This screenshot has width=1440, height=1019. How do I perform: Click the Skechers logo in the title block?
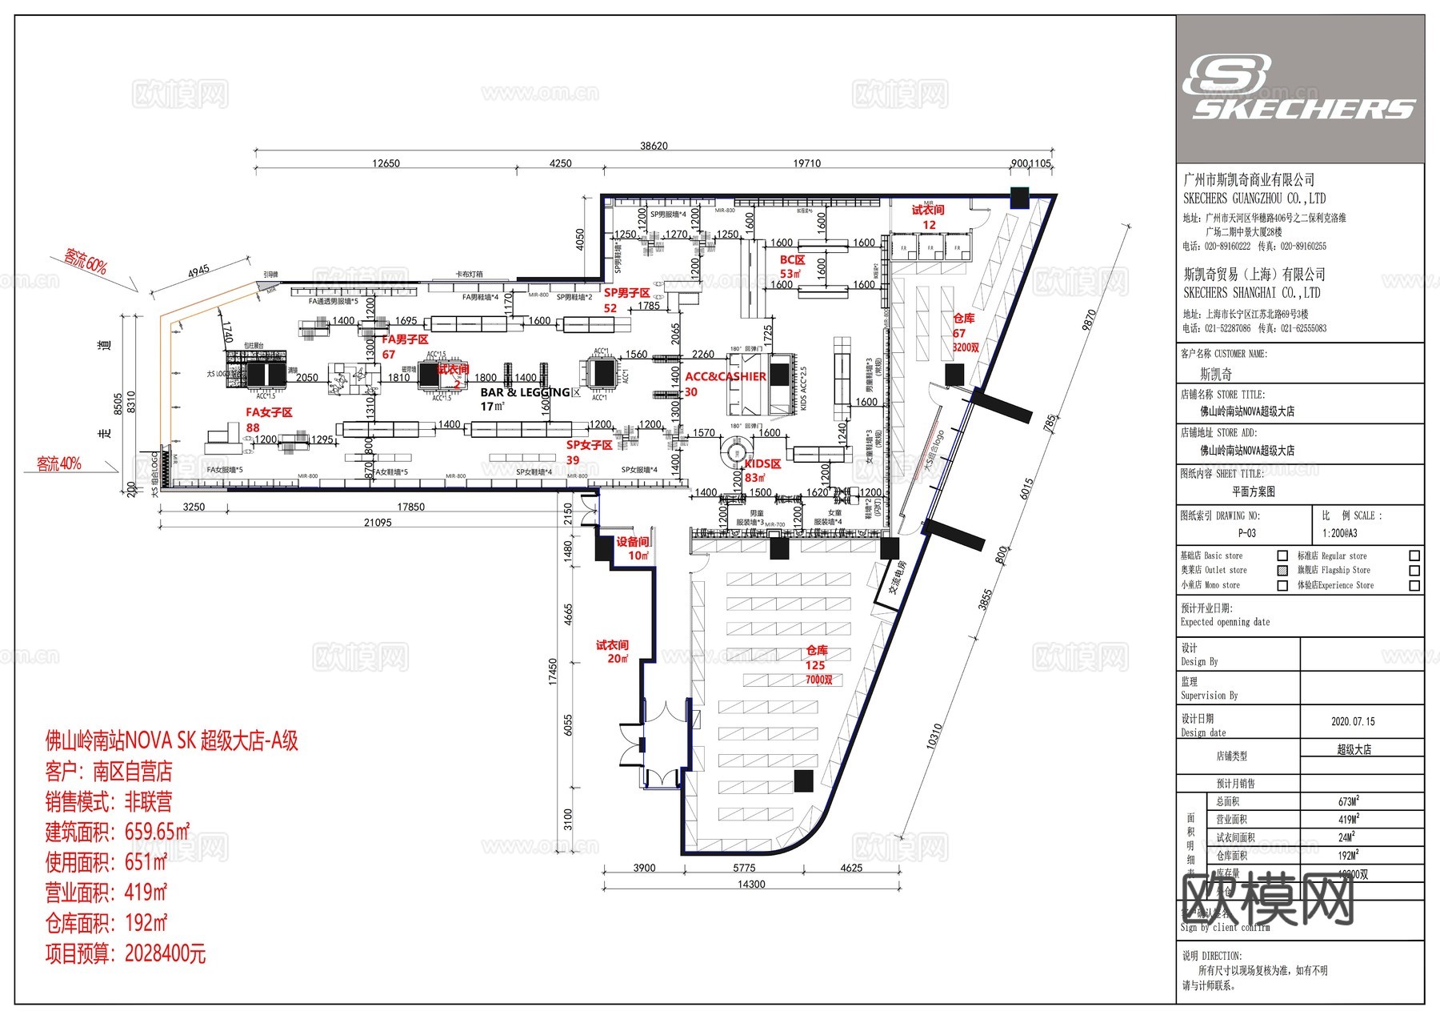tap(1299, 88)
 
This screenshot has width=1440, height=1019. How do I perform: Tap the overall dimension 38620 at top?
tap(653, 146)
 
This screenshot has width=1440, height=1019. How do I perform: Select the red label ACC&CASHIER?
tap(725, 376)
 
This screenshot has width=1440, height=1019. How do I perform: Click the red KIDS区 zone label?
tap(762, 464)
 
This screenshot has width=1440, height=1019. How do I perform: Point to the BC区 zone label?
tap(792, 260)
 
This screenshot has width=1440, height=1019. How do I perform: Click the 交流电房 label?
tap(898, 578)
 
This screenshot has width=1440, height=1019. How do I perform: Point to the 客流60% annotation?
tap(86, 261)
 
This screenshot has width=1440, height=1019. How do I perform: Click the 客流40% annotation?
tap(58, 463)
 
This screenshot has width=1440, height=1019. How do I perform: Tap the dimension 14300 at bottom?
tap(750, 885)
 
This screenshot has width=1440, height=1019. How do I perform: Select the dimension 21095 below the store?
tap(378, 523)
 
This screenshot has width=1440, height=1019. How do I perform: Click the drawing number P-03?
tap(1246, 533)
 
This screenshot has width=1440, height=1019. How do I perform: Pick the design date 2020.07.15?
tap(1353, 721)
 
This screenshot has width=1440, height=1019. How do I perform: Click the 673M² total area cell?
tap(1348, 801)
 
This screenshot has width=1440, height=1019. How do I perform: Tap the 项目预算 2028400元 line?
tap(126, 953)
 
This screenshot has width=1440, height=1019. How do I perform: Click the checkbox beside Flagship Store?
tap(1414, 571)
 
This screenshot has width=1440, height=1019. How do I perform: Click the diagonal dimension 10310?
tap(934, 736)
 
